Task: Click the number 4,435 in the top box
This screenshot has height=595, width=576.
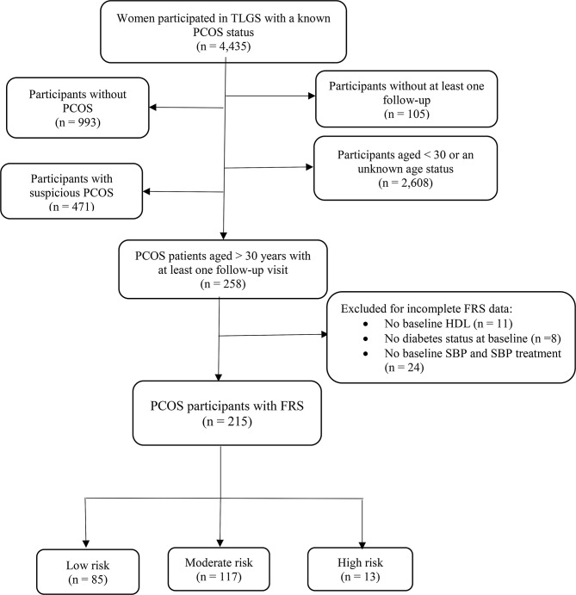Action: (x=232, y=46)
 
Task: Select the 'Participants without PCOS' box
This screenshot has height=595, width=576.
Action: (x=77, y=108)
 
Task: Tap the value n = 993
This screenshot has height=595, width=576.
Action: (x=77, y=122)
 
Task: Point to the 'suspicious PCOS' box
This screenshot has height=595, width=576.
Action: (x=71, y=191)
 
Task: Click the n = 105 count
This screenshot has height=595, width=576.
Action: (x=406, y=114)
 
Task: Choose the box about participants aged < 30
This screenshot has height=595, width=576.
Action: (x=406, y=168)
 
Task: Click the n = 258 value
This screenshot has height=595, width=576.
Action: (x=223, y=284)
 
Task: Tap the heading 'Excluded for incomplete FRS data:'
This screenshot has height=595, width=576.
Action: (x=426, y=308)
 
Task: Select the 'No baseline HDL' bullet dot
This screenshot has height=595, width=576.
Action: (x=366, y=324)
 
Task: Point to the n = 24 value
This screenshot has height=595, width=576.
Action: (x=405, y=368)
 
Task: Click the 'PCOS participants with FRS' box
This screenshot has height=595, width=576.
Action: (x=227, y=412)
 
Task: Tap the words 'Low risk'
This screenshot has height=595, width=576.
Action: (x=88, y=566)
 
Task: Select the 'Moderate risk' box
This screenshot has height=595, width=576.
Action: (x=219, y=569)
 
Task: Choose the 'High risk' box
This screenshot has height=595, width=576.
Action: (x=360, y=569)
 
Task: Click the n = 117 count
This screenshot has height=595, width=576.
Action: (x=219, y=577)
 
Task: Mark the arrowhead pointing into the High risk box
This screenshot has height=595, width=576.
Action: (x=362, y=544)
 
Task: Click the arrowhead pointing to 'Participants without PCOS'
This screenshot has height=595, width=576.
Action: (x=152, y=108)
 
